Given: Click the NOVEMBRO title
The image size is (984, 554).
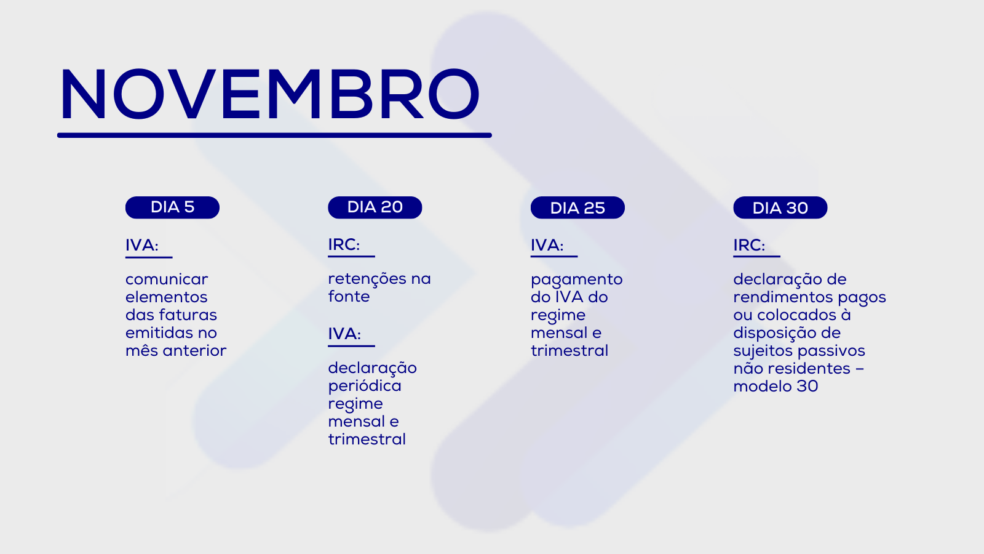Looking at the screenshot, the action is pos(269,94).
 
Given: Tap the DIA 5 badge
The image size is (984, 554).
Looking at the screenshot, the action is pos(172,207).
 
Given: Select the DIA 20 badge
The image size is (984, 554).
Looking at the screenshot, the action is pos(375,207).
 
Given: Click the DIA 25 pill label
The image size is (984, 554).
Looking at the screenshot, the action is pos(577,207).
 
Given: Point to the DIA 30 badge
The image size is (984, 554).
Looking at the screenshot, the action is pos(780,207).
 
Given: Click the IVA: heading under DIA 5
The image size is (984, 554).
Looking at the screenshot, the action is pos(142,246).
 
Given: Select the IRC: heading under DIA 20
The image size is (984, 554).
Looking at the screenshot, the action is pos(344,245).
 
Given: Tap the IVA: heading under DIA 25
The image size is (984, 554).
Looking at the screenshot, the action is pos(547,246).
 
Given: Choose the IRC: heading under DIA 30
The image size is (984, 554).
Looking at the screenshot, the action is pos(749,246).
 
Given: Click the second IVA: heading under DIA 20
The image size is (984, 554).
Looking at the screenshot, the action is pos(344,334).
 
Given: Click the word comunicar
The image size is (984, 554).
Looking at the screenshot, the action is pos(167,279).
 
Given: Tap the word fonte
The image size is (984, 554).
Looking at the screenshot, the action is pos(349,297).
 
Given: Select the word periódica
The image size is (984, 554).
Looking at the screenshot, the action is pos(365,386).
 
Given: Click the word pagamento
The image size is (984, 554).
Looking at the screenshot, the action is pos(577,280).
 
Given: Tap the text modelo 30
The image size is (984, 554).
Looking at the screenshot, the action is pos(776,387).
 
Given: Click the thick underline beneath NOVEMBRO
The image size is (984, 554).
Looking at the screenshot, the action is pos(274,135).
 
